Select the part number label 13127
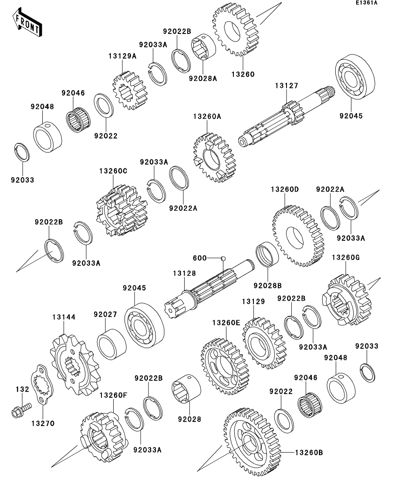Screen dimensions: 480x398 pyautogui.click(x=286, y=86)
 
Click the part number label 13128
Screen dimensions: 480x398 pyautogui.click(x=184, y=273)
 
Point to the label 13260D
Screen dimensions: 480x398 pyautogui.click(x=285, y=190)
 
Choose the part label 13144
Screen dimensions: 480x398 pyautogui.click(x=64, y=318)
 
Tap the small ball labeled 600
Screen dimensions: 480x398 pyautogui.click(x=223, y=258)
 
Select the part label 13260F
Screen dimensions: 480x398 pyautogui.click(x=113, y=396)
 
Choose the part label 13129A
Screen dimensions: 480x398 pyautogui.click(x=122, y=55)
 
